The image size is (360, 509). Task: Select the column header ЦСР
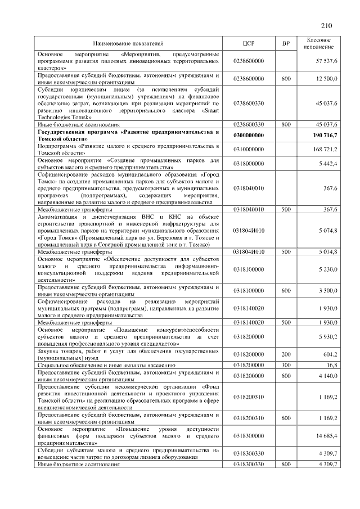(x=249, y=42)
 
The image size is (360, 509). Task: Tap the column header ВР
(x=286, y=42)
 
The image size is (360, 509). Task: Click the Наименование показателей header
(x=128, y=42)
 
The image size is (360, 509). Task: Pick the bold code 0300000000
(x=249, y=136)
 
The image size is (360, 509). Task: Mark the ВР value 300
(x=286, y=365)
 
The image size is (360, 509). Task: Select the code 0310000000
(x=249, y=149)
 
